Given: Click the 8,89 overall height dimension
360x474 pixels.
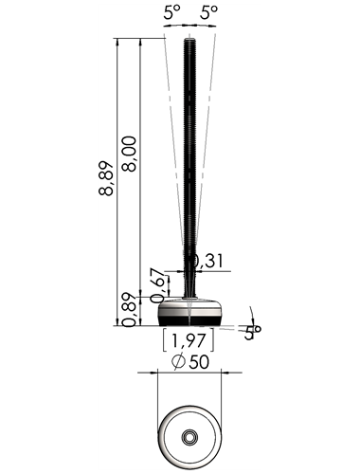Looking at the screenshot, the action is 106,178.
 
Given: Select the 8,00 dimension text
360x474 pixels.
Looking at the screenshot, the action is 129,154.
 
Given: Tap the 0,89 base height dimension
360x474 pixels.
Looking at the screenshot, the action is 129,310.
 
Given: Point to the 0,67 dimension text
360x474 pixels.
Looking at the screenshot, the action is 158,285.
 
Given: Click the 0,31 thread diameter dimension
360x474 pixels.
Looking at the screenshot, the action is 208,261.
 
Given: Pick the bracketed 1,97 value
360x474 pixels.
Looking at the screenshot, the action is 189,340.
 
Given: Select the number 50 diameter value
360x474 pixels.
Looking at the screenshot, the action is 199,362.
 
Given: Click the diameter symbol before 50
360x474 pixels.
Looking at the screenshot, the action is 178,362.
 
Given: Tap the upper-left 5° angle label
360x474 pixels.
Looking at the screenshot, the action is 171,12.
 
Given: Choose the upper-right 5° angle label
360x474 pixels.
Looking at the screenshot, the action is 209,12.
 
